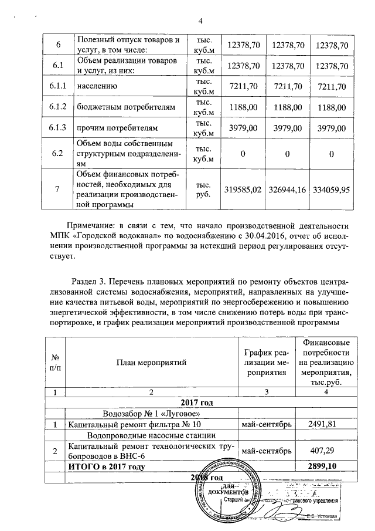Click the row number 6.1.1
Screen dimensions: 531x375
point(57,87)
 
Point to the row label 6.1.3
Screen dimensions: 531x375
point(57,128)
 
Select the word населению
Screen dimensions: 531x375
point(96,87)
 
